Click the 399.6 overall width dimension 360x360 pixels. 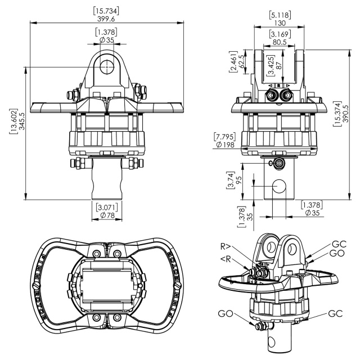point(106,19)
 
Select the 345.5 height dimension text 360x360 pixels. point(22,121)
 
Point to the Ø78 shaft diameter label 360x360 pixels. point(107,215)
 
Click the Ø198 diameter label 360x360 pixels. point(225,145)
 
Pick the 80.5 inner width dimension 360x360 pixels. point(280,42)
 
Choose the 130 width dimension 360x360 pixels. point(280,23)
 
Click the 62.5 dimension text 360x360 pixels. point(241,61)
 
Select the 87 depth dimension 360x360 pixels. point(279,66)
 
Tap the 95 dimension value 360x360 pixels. point(238,180)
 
